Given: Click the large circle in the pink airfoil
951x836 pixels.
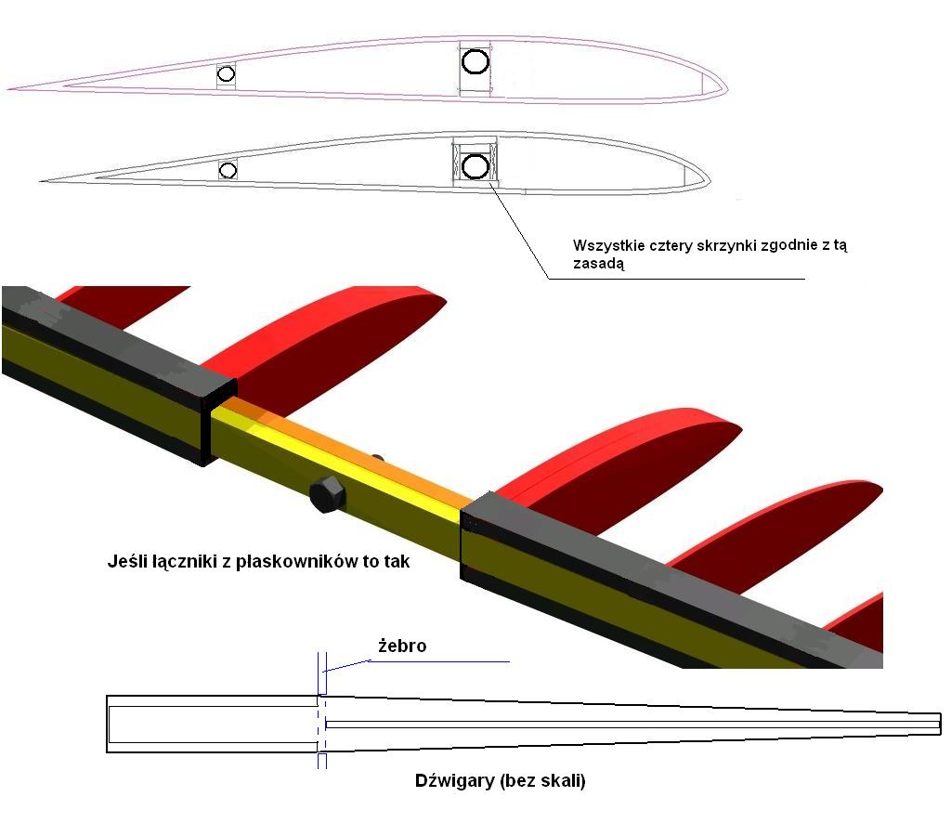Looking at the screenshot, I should pos(475,61).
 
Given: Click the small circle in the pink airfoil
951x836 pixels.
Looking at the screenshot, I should pos(226,74).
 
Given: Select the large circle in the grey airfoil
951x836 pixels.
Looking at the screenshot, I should pos(475,166).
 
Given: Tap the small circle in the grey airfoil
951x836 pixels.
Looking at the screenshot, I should pos(228,170).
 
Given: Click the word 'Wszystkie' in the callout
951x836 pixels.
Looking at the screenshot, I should pos(604,246).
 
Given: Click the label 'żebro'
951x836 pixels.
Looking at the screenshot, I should pos(402,646).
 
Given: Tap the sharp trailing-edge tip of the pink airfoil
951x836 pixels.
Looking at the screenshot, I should pos(11,89).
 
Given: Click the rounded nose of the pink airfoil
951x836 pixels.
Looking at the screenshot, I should pos(723,85).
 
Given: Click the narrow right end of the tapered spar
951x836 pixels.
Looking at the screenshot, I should pos(938,724).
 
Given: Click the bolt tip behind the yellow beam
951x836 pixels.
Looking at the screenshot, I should pos(377,457).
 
